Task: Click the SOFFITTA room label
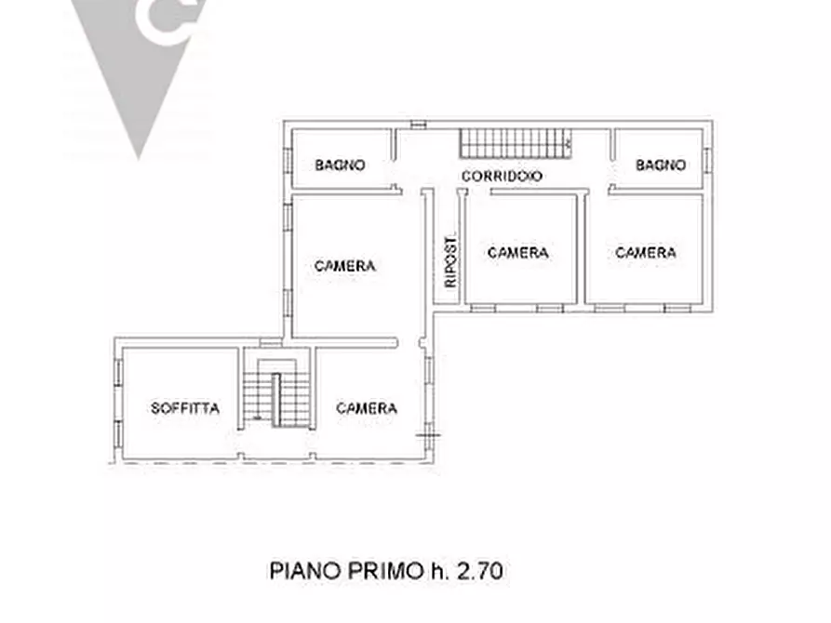click(185, 408)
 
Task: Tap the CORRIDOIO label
click(502, 176)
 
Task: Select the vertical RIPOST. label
click(451, 259)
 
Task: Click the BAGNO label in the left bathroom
click(340, 166)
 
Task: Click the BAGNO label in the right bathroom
click(661, 166)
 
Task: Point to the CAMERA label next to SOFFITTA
click(367, 408)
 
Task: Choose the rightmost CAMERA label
click(646, 253)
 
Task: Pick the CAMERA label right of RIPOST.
click(517, 253)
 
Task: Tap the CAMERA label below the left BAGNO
click(344, 266)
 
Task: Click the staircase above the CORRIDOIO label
click(515, 143)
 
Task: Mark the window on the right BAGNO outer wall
click(706, 159)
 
